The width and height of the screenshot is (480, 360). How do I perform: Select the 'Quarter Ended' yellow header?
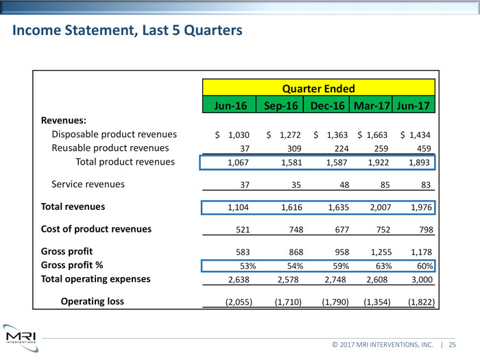319,88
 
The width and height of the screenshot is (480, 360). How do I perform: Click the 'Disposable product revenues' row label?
115,134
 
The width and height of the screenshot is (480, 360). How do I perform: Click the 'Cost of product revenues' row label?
96,228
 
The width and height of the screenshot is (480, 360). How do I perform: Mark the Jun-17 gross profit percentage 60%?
424,266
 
